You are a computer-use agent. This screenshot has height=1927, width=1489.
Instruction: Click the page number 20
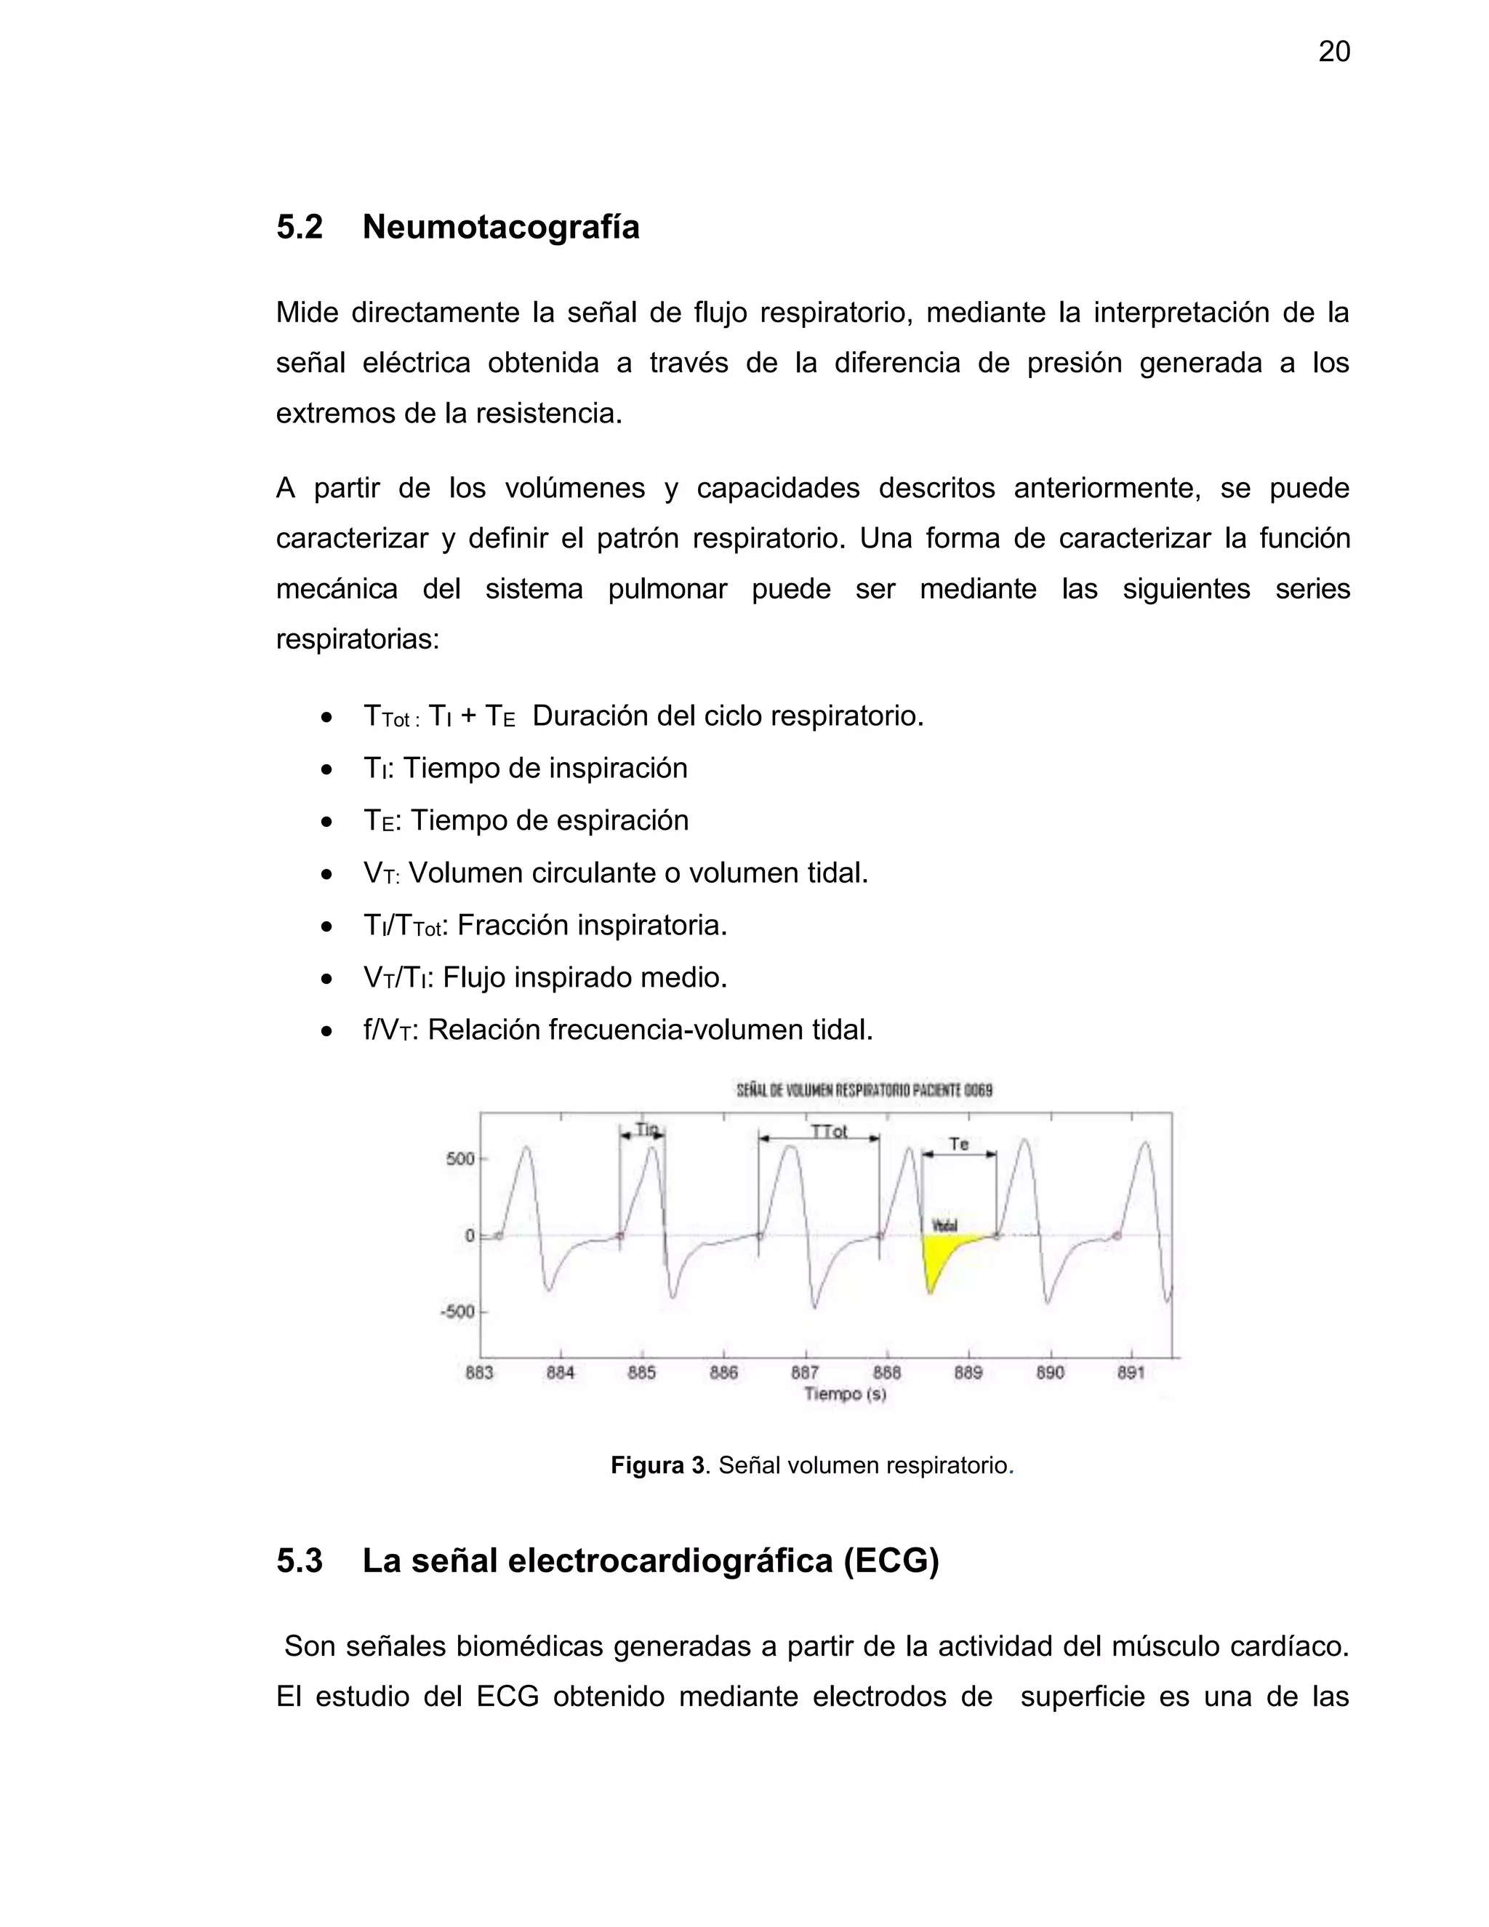click(1333, 52)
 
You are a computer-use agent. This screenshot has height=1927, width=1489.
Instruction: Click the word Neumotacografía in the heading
click(500, 227)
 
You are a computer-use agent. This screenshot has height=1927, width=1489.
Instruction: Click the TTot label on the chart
click(828, 1131)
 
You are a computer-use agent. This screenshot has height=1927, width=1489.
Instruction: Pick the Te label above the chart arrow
click(959, 1145)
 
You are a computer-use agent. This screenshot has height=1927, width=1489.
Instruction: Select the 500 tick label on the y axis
click(460, 1158)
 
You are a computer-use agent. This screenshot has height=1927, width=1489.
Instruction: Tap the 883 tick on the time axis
click(479, 1373)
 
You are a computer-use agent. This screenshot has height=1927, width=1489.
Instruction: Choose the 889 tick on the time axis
click(968, 1373)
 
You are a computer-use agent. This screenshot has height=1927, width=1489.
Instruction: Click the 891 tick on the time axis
click(1131, 1373)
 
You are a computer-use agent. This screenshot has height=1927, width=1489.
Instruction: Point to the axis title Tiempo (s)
click(844, 1394)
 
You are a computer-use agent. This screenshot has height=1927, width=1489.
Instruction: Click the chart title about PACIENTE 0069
click(864, 1091)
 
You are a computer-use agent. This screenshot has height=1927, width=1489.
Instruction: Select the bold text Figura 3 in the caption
click(658, 1465)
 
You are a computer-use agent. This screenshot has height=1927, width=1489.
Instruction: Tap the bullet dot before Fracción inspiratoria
click(327, 926)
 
